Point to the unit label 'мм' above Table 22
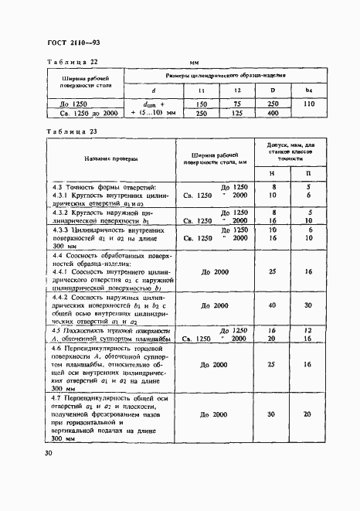(195, 63)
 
